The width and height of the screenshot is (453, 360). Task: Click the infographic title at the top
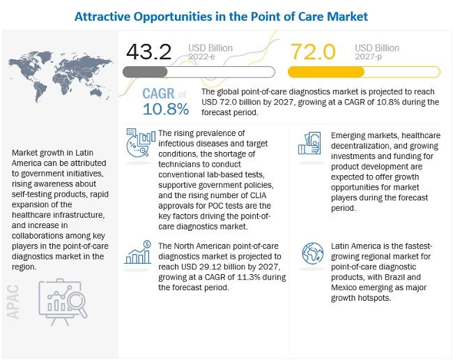coord(227,15)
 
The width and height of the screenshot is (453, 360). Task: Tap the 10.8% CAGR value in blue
coord(166,109)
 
